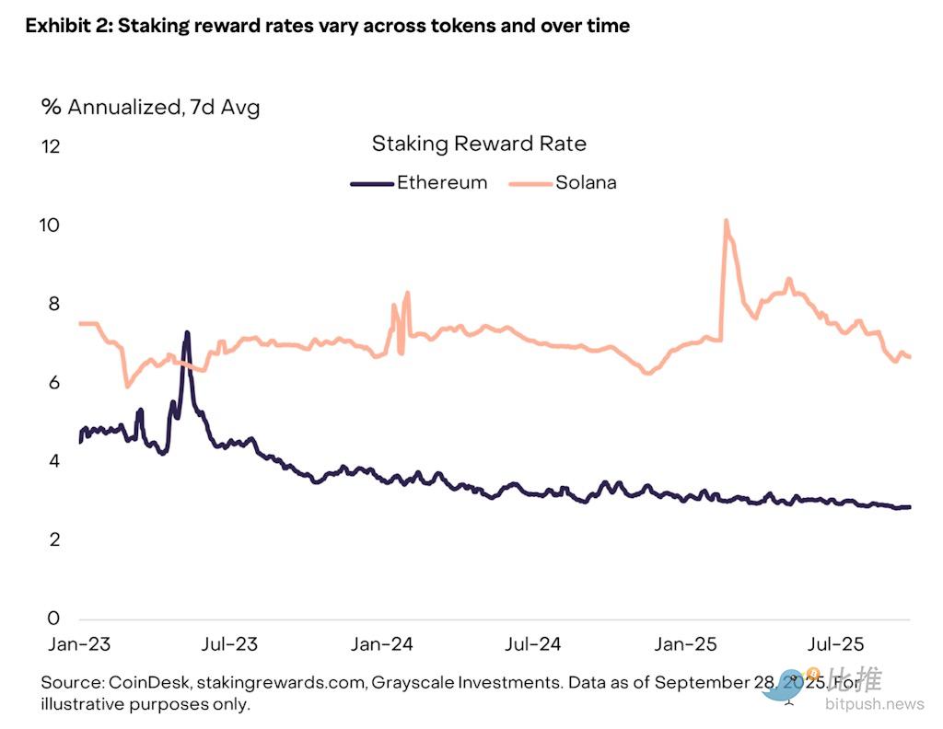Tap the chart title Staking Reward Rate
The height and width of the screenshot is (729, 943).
[x=479, y=144]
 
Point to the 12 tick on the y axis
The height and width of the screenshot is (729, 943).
[x=51, y=146]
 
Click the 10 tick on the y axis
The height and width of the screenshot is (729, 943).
[x=51, y=226]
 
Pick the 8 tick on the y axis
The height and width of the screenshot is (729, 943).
[x=53, y=304]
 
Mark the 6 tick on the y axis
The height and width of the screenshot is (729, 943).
[x=53, y=382]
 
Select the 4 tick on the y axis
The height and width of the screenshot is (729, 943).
[x=53, y=460]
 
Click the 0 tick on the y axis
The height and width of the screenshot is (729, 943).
[x=53, y=618]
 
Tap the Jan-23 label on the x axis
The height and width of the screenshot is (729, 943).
[x=79, y=643]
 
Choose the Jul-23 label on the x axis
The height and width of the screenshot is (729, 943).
[x=229, y=643]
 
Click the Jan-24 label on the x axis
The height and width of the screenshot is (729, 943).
[x=382, y=643]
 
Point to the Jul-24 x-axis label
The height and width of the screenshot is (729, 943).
[x=533, y=643]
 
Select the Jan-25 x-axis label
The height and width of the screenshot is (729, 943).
[x=686, y=643]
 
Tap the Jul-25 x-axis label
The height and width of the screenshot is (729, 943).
[x=835, y=643]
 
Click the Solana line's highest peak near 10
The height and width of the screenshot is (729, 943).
[x=727, y=221]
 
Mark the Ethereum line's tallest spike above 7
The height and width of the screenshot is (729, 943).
[x=187, y=332]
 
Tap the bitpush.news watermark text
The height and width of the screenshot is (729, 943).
[x=875, y=705]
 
